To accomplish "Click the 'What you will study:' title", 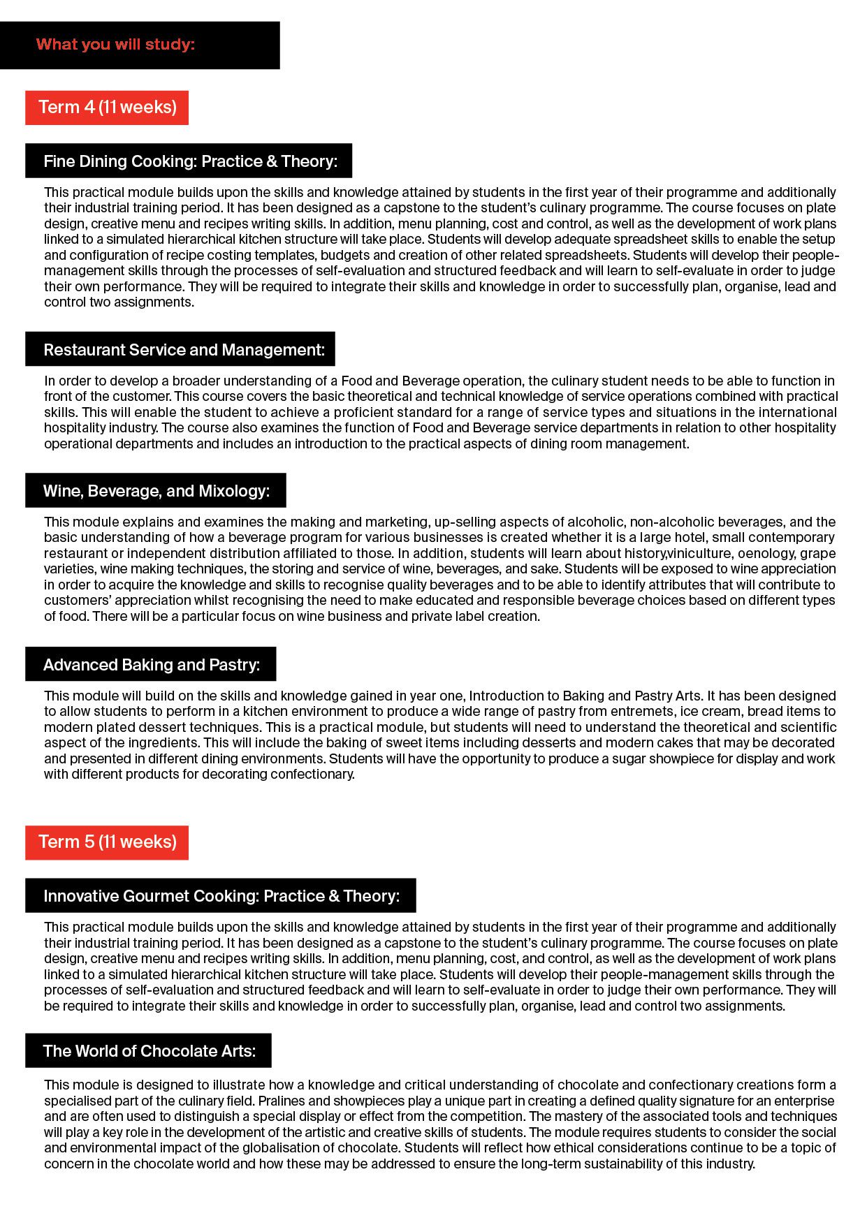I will (x=115, y=45).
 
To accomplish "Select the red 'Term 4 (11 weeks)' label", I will (x=107, y=108).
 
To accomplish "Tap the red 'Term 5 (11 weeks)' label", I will (x=107, y=842).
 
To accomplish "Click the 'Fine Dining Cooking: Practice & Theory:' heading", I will (x=190, y=161).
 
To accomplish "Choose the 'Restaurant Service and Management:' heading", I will (x=184, y=350).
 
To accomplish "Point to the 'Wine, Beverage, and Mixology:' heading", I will (x=156, y=491).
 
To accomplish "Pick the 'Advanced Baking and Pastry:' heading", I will (x=152, y=665).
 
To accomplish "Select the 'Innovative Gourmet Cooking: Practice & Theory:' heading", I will (x=221, y=896).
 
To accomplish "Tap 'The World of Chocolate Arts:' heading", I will (x=149, y=1051).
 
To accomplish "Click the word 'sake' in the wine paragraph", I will (x=546, y=569).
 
